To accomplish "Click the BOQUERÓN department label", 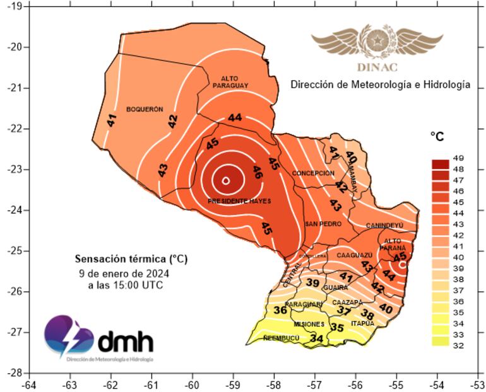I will pos(145,109).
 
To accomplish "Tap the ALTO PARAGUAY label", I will pos(229,81).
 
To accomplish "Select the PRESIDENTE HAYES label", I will pos(239,201).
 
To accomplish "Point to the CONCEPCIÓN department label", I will pos(313,173).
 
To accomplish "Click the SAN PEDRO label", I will pos(323,224).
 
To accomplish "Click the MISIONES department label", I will pos(309,324).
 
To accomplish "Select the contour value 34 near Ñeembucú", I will pos(317,339).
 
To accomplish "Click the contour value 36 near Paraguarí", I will pos(281,310).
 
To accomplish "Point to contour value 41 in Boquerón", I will pos(112,120).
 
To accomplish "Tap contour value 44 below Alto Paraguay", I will pos(235,117).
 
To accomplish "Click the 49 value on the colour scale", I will pos(459,158).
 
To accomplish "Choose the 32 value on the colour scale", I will pos(459,345).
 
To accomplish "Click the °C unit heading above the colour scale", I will pos(438,136).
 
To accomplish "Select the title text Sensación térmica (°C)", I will pos(131,258).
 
